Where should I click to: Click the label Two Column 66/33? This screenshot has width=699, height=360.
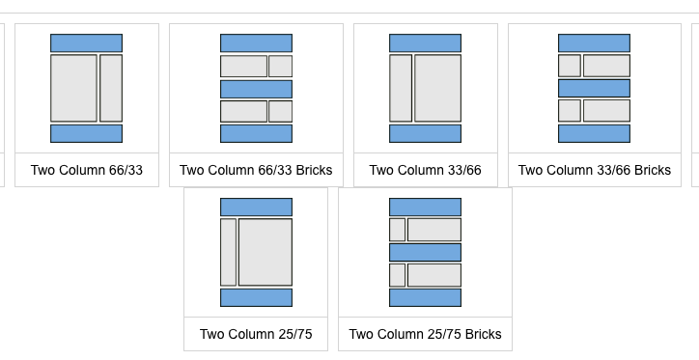click(x=87, y=170)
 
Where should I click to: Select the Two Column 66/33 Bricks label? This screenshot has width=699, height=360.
click(x=256, y=170)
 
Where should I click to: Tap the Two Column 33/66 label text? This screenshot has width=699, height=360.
click(x=425, y=170)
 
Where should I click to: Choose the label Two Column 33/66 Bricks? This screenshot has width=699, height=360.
click(x=594, y=170)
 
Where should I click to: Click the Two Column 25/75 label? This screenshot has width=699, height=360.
click(x=256, y=334)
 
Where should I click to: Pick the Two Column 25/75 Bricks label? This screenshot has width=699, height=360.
click(x=425, y=334)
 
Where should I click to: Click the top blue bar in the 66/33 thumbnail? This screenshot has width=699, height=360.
click(x=87, y=42)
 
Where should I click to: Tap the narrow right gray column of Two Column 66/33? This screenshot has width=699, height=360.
click(x=111, y=88)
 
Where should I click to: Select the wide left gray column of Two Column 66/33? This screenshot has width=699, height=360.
click(x=73, y=88)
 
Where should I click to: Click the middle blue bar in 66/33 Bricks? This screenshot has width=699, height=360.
click(x=256, y=89)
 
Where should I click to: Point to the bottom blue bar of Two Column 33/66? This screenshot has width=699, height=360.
click(x=425, y=133)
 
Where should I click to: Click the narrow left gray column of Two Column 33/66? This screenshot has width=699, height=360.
click(x=401, y=88)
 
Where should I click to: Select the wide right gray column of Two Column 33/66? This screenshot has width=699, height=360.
click(x=437, y=88)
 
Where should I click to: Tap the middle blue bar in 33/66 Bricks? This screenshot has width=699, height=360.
click(x=594, y=88)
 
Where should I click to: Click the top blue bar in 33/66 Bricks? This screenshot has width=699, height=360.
click(x=594, y=42)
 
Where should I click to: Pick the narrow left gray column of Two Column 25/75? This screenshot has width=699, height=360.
click(x=228, y=252)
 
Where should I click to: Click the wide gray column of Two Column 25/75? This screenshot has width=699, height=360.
click(x=266, y=252)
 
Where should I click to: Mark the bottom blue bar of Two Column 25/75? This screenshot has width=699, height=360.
click(x=256, y=297)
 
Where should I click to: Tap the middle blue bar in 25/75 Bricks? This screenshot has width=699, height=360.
click(x=425, y=252)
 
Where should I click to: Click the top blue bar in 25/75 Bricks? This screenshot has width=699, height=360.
click(x=425, y=207)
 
